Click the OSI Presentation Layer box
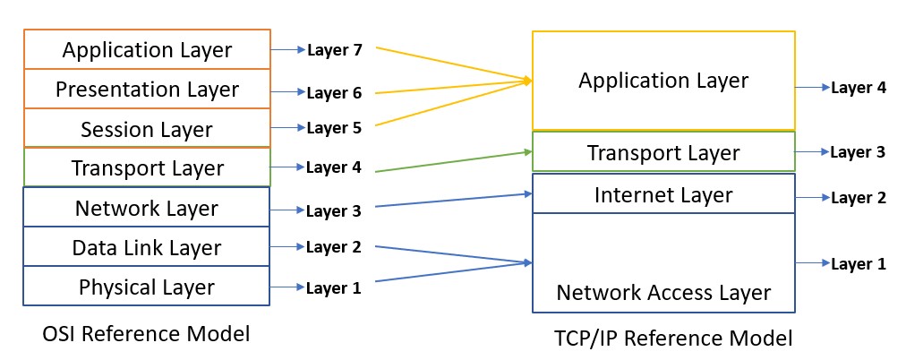(x=147, y=90)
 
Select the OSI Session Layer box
(x=147, y=129)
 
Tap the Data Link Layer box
(x=147, y=247)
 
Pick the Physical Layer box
(x=147, y=287)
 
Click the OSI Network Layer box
(x=147, y=208)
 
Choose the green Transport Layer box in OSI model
(x=147, y=167)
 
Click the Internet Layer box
(x=663, y=194)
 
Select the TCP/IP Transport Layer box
(x=663, y=152)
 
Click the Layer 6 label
(x=334, y=92)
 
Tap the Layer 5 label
(x=334, y=128)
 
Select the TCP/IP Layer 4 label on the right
(x=858, y=88)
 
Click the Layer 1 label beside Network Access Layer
(x=858, y=263)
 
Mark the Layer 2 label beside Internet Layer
(x=858, y=197)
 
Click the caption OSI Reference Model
(x=146, y=334)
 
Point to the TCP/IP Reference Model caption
(x=673, y=339)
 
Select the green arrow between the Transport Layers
(x=452, y=162)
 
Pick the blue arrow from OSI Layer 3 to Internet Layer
(x=452, y=200)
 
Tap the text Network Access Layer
(x=663, y=292)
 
